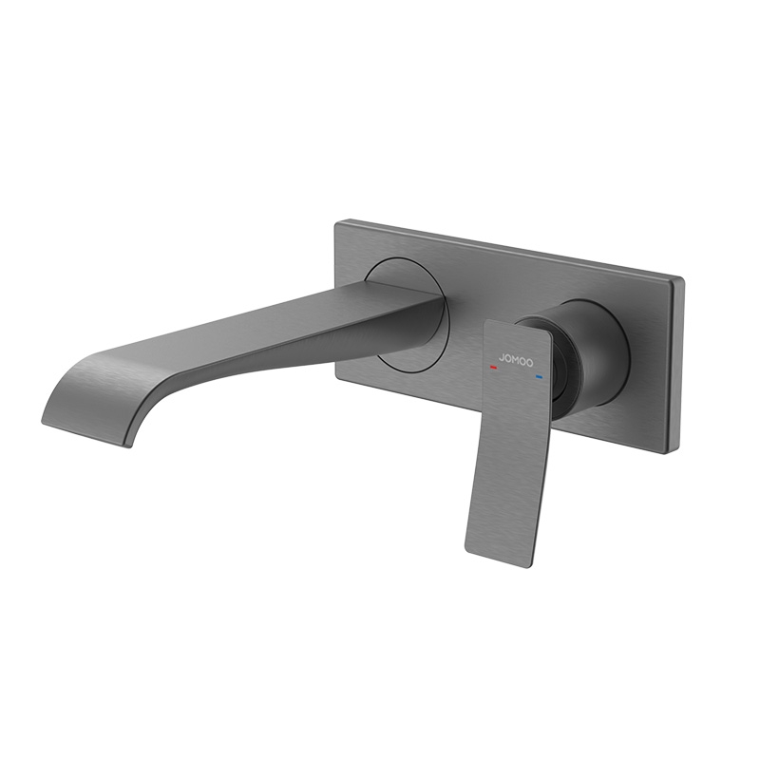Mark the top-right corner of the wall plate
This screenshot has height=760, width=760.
(x=682, y=276)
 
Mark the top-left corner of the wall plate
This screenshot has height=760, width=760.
(x=338, y=222)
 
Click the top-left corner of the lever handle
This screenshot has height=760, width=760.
(x=486, y=322)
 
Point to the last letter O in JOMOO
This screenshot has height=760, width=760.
(x=528, y=364)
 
